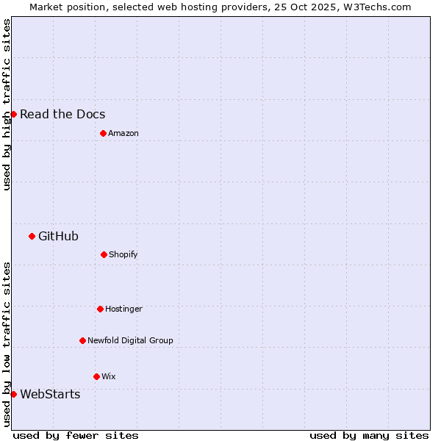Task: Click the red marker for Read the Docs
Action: [13, 114]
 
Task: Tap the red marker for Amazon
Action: [103, 133]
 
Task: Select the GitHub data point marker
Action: [32, 236]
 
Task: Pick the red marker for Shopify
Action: [104, 254]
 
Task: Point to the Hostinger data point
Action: [100, 309]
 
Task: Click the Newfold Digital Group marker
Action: [82, 340]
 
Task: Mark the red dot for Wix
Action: [96, 376]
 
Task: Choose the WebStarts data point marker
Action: [13, 394]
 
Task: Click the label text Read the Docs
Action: [62, 114]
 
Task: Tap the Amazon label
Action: [123, 133]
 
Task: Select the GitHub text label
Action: [58, 236]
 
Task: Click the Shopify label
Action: [123, 254]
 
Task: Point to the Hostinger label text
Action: [123, 309]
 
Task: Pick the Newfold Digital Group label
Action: [130, 340]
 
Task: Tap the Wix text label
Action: [109, 376]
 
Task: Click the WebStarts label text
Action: [50, 394]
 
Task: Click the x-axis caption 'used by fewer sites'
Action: [76, 435]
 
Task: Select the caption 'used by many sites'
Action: [369, 435]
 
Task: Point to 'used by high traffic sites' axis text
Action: [7, 104]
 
